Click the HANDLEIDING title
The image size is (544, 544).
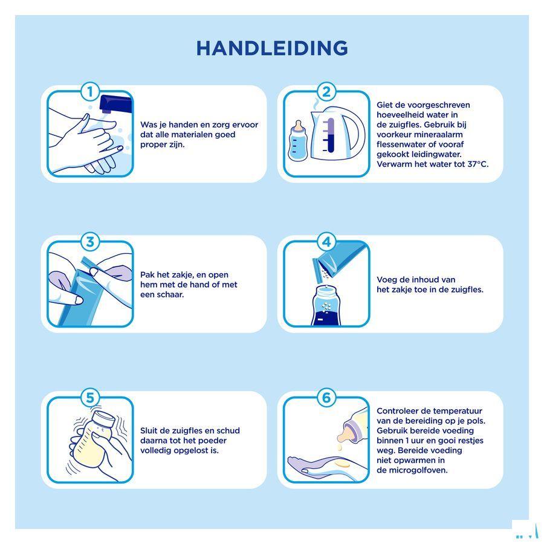pos(272,48)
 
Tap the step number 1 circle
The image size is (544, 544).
pos(90,92)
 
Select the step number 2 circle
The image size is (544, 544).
pos(326,92)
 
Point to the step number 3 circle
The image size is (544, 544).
pos(90,242)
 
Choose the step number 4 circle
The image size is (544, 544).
pos(326,242)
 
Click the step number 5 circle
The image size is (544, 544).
pos(90,398)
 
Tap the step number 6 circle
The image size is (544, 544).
pos(326,398)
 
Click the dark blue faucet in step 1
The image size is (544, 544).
pos(115,105)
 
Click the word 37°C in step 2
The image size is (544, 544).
pos(478,164)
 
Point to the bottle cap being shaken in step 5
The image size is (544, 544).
pos(105,419)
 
